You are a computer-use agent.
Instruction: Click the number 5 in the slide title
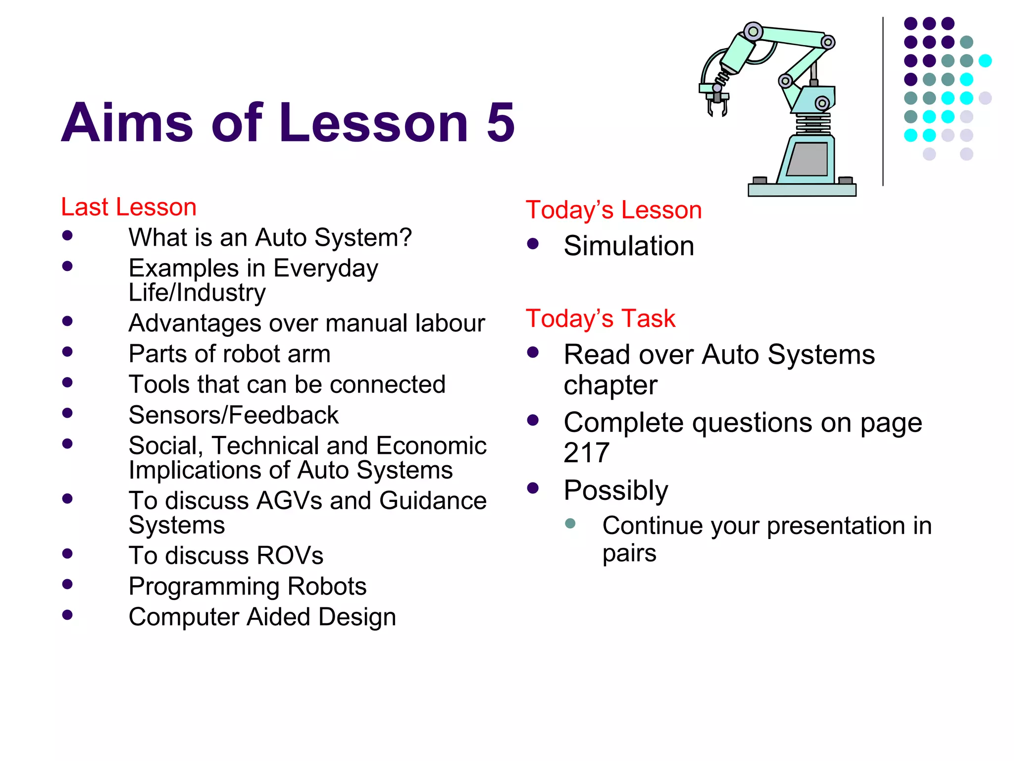pos(501,122)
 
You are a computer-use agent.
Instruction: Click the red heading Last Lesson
pos(129,207)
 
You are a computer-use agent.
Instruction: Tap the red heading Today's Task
pos(600,319)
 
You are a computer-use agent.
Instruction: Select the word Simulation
pos(629,246)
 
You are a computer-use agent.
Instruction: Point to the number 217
pos(586,453)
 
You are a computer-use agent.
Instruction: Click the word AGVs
pos(289,501)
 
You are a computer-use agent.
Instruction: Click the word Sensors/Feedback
pos(233,415)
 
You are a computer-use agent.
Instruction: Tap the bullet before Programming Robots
pos(68,584)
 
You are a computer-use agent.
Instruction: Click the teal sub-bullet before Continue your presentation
pos(570,523)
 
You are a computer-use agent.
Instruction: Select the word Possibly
pos(616,490)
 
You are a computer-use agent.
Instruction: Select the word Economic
pos(431,446)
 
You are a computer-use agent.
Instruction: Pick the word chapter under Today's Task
pos(610,385)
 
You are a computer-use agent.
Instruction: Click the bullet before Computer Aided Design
pos(68,615)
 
